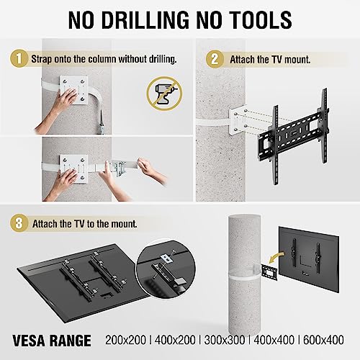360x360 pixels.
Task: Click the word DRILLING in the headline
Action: point(148,19)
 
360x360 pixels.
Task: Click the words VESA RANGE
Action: point(53,338)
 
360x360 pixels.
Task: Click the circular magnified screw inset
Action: point(167,265)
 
